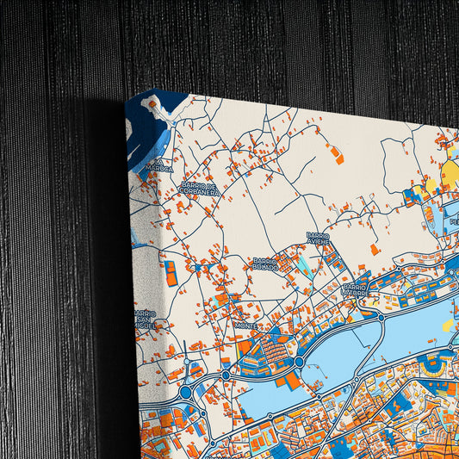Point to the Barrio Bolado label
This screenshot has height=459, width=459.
point(265,264)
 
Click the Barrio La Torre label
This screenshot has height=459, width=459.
point(356,290)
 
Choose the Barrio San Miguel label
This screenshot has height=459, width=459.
point(145,319)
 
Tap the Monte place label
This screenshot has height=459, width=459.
point(245,326)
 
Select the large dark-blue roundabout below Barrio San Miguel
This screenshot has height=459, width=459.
point(185,392)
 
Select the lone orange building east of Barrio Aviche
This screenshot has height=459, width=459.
point(374,249)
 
